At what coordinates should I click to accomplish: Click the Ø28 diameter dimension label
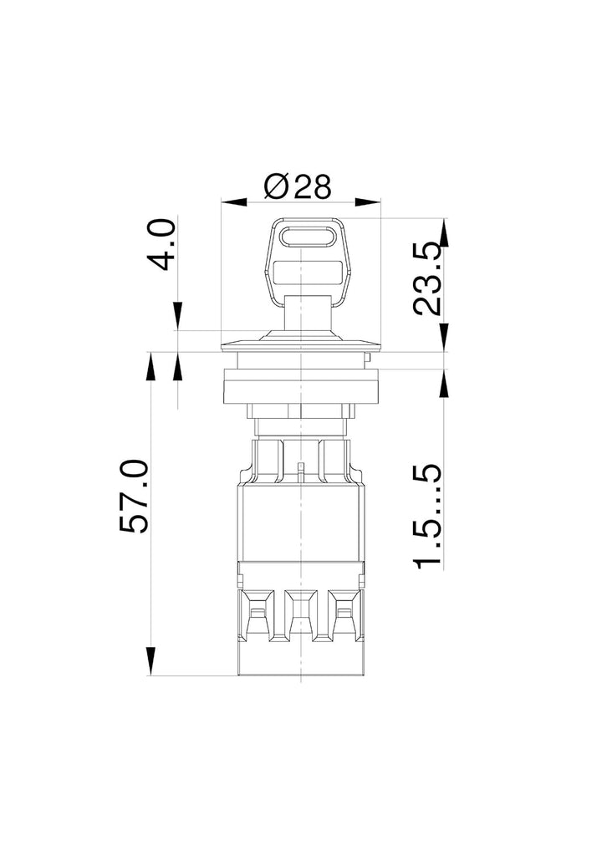[x=297, y=186]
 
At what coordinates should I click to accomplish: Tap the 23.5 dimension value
[x=426, y=279]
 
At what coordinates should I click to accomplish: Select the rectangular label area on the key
[x=308, y=273]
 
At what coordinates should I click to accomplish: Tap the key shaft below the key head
[x=307, y=312]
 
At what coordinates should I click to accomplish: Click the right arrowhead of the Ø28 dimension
[x=368, y=202]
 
